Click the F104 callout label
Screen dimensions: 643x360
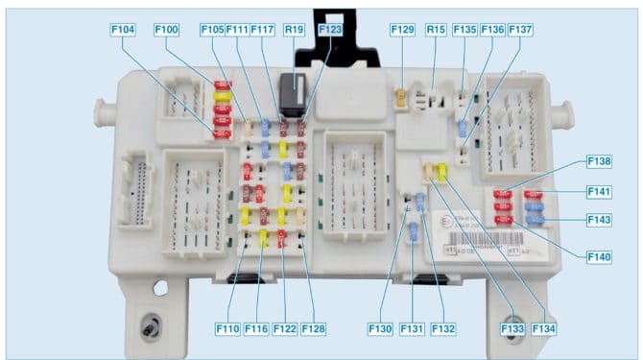122,31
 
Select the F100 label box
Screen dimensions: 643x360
165,31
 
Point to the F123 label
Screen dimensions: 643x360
329,31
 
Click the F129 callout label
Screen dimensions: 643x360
402,31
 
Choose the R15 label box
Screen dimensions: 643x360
437,31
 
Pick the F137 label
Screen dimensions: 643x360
520,31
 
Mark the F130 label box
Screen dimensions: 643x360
381,329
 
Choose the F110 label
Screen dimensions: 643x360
227,329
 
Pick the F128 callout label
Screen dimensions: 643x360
314,329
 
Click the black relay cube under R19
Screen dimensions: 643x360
294,95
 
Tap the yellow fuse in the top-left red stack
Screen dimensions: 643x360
223,96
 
